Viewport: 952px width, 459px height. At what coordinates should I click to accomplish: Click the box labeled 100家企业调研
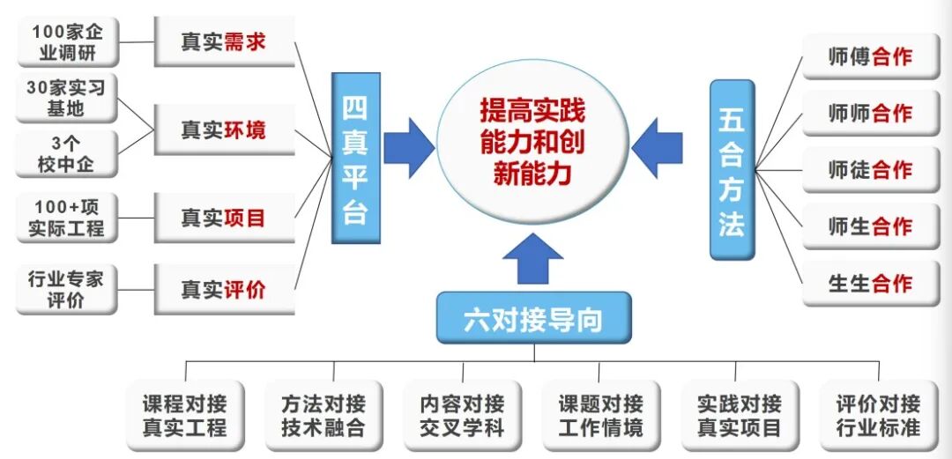tap(66, 42)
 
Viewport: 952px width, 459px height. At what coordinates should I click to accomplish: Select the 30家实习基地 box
tap(66, 99)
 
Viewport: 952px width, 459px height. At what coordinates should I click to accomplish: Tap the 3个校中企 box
tap(66, 153)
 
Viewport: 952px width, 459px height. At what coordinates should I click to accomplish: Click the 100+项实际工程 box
tap(66, 218)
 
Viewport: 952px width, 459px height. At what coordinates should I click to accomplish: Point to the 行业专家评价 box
tap(66, 289)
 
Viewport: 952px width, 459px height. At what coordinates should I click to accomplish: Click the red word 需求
tap(244, 41)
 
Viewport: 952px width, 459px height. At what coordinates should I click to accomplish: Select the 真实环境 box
tap(224, 130)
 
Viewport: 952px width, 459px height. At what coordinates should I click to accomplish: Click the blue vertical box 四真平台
tap(355, 159)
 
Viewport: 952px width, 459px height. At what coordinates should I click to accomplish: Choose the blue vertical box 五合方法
tap(732, 169)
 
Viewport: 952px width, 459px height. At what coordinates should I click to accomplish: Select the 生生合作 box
tap(870, 284)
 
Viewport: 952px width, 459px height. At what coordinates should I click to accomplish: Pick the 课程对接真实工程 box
tap(184, 416)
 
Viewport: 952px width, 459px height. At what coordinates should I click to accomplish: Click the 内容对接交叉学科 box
tap(463, 416)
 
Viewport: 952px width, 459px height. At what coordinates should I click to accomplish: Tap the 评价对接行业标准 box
tap(878, 416)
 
